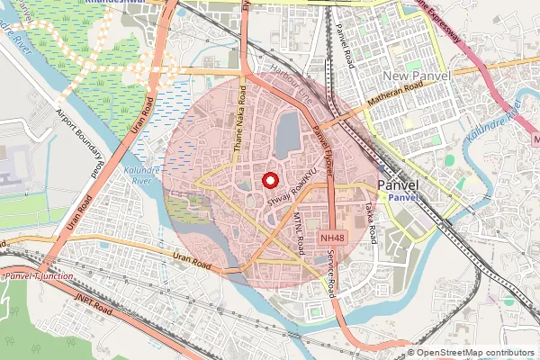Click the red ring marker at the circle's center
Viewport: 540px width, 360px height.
268,180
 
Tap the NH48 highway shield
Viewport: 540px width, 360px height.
332,238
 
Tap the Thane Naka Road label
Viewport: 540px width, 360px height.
238,126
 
